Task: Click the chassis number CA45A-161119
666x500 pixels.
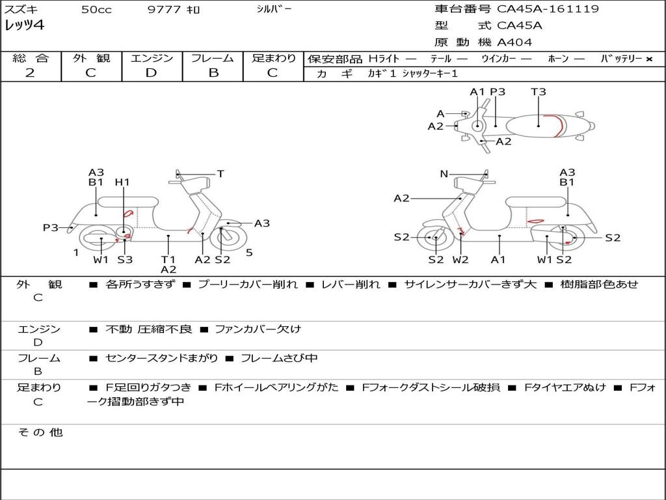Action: pos(548,9)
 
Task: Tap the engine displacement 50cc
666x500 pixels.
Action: pos(95,10)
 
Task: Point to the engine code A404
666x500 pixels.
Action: pos(514,42)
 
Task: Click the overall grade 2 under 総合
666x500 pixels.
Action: pos(30,73)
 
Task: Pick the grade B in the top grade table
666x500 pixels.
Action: pos(213,73)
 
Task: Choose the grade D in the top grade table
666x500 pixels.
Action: pos(151,73)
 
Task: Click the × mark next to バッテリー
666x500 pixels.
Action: pos(648,59)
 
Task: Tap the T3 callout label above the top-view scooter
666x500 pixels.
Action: pos(538,92)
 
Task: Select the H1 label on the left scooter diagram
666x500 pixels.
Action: pos(122,182)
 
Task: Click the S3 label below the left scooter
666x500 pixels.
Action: pos(125,260)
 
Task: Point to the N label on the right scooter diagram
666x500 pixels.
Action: pos(444,174)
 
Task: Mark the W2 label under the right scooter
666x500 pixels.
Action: pos(460,260)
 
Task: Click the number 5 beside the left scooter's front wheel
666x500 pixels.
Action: pos(249,253)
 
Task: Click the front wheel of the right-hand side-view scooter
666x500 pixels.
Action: pos(435,238)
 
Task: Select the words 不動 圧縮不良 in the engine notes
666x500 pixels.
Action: pos(148,329)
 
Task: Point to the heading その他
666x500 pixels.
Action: pos(40,432)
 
